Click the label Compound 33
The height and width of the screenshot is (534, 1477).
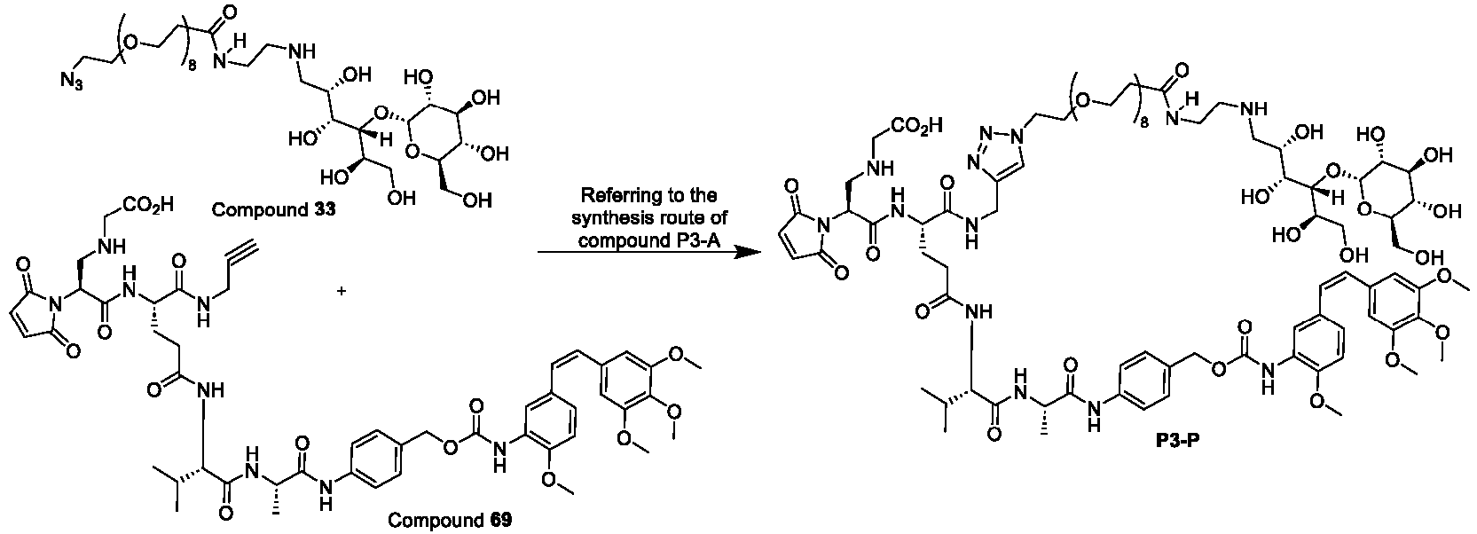click(x=273, y=210)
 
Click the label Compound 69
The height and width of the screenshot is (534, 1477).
click(x=450, y=520)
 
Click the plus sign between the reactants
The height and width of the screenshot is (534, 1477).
click(x=342, y=291)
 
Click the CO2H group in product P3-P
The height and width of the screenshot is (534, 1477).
click(x=915, y=125)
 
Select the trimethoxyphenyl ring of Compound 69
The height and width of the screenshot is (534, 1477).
click(x=630, y=389)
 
